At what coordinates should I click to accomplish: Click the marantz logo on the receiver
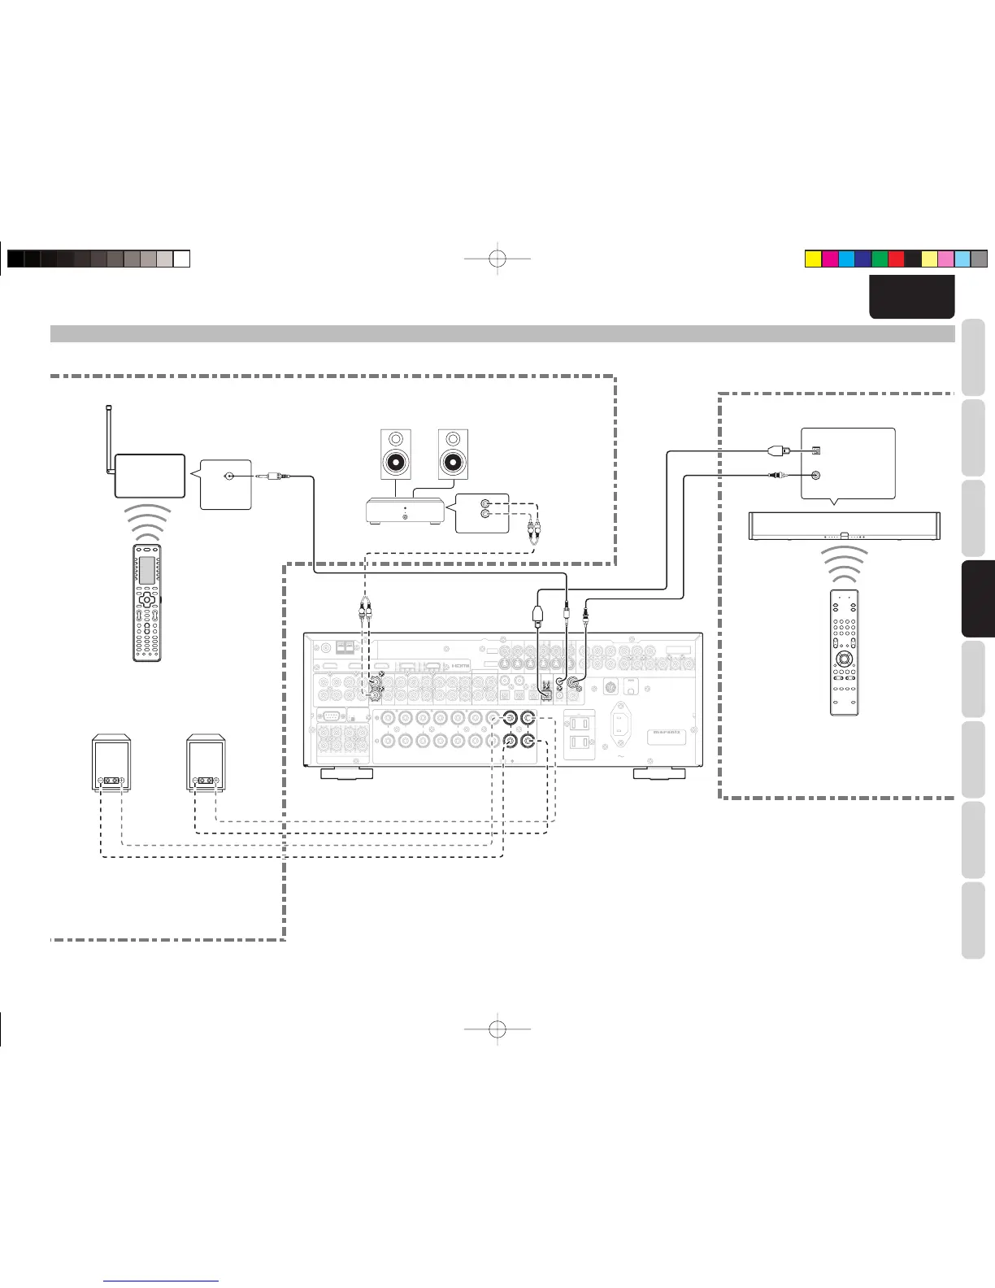(667, 736)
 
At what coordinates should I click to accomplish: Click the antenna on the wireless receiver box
(109, 439)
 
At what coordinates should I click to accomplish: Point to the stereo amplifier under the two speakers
(404, 511)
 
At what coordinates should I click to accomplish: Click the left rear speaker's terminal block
(111, 781)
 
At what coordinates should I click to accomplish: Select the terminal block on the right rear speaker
(206, 781)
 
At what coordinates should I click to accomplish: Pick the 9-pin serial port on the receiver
(330, 716)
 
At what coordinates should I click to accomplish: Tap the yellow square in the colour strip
(812, 259)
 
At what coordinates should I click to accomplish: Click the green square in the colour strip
(879, 259)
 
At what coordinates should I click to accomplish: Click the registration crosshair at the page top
(498, 259)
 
